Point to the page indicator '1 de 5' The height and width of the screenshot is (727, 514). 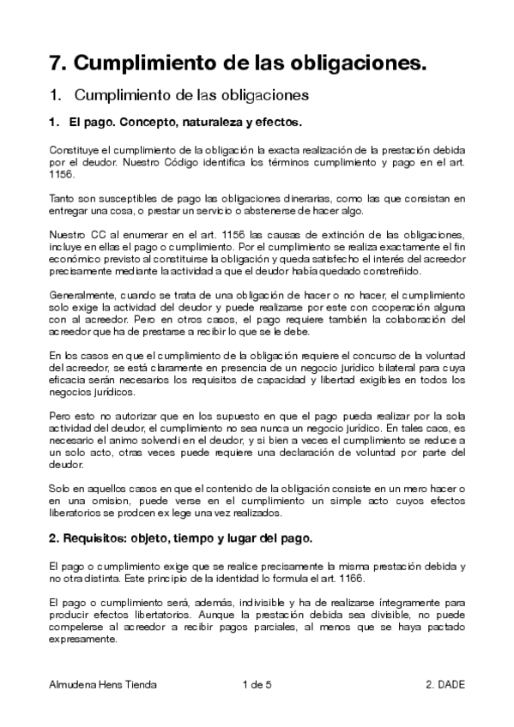pyautogui.click(x=257, y=684)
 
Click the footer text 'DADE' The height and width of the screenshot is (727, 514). pyautogui.click(x=450, y=684)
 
